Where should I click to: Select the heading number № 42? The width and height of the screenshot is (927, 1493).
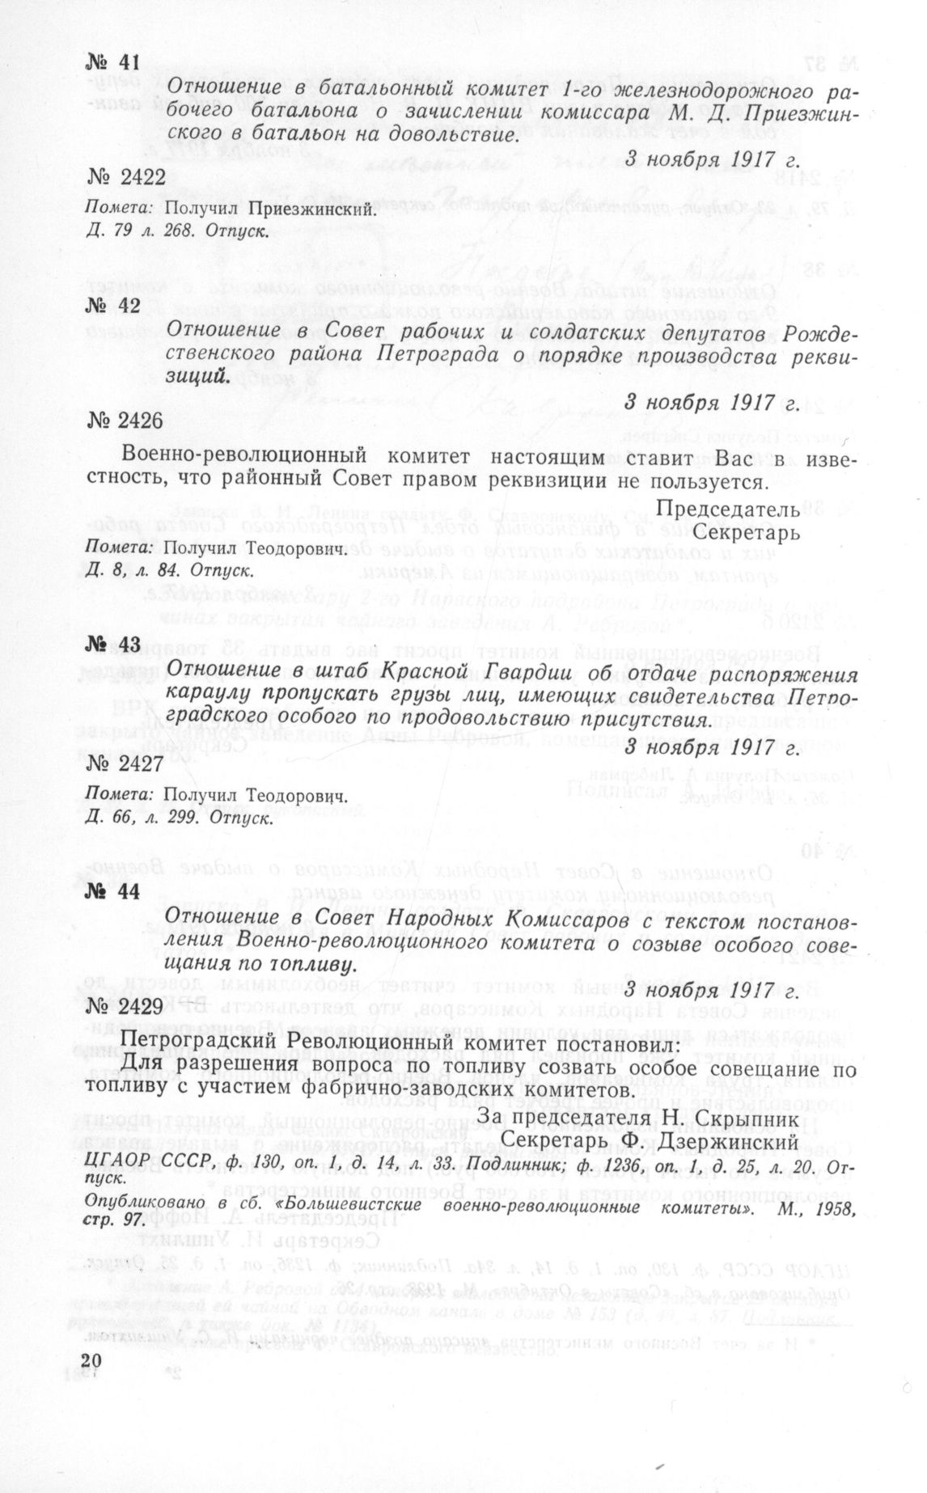pos(112,305)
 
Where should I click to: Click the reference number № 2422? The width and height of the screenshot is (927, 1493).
pos(125,177)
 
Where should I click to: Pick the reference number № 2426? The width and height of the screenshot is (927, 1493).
pos(125,421)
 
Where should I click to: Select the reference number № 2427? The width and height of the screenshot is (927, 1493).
pos(125,763)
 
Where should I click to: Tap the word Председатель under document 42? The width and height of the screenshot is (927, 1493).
pos(728,510)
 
